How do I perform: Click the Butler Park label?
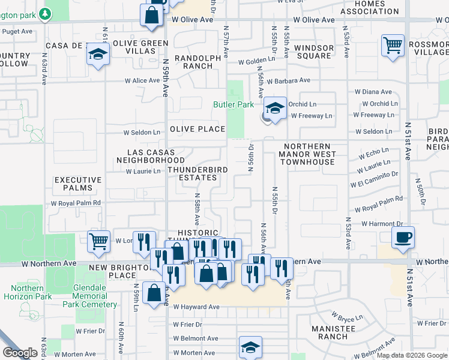click(234, 104)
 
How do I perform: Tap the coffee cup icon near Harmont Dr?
click(403, 236)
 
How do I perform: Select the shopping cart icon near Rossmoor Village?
click(392, 45)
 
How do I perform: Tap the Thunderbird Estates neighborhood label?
click(197, 173)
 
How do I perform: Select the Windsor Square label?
click(313, 52)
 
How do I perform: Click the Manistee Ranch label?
click(334, 332)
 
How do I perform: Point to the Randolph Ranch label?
click(193, 62)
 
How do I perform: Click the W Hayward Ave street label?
click(196, 307)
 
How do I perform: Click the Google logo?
click(20, 352)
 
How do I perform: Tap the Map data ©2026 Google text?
click(411, 355)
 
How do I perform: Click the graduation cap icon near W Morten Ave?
click(250, 347)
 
